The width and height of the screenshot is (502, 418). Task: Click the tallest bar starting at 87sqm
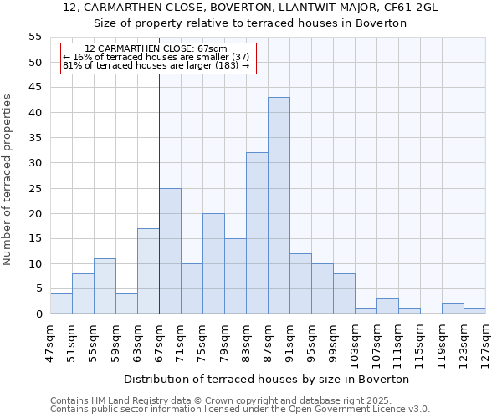(279, 206)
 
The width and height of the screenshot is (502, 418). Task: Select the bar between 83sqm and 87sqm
(257, 233)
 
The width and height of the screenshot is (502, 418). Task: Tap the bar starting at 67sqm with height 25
(170, 251)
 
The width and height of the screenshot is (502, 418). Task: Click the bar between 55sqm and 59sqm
(105, 286)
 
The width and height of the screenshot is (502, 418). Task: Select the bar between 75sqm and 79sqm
(213, 263)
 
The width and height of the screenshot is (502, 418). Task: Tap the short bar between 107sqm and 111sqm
(387, 307)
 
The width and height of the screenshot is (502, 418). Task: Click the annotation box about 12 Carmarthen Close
(157, 57)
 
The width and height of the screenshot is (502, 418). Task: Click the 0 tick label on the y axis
(38, 314)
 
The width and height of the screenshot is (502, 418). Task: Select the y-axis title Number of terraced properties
(8, 180)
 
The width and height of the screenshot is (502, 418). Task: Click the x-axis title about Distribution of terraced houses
(268, 379)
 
